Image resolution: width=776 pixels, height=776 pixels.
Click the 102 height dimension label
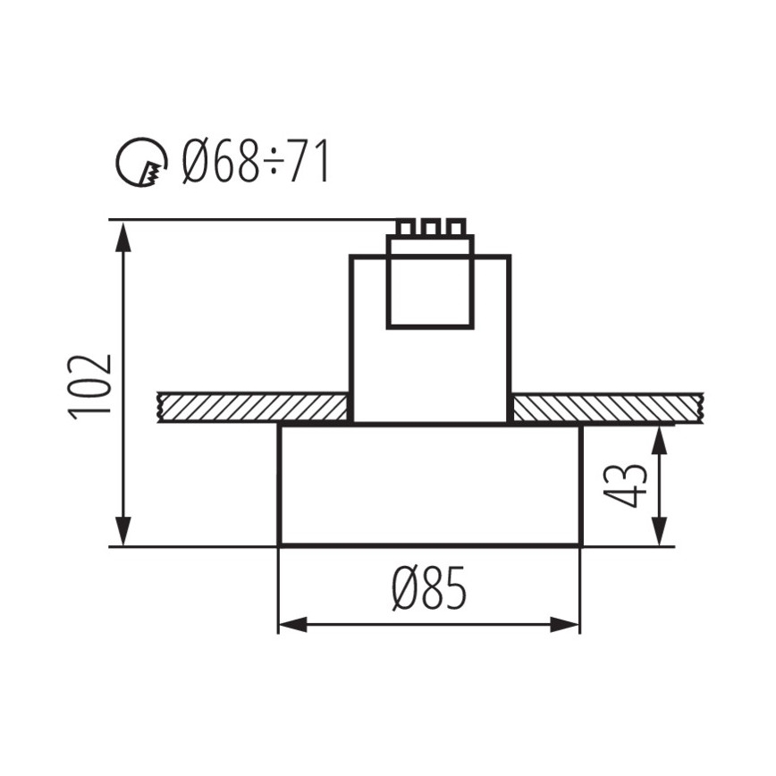tap(90, 385)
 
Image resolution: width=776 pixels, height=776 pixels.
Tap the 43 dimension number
tap(632, 485)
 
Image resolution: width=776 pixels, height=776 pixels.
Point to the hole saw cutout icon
tap(141, 164)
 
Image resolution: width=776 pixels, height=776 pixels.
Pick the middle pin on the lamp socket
tap(430, 228)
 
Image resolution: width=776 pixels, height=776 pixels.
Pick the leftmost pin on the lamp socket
tap(406, 228)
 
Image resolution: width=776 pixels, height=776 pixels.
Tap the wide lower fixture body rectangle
tap(430, 485)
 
